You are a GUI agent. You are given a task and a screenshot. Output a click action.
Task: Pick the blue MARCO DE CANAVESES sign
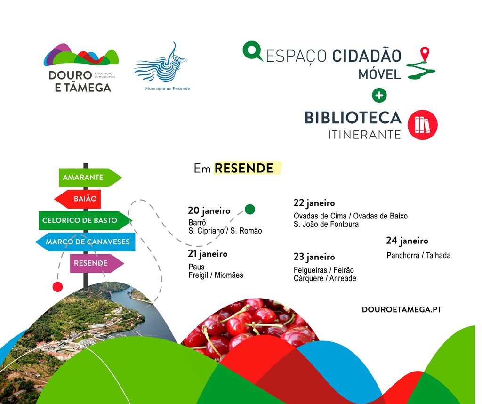click(87, 242)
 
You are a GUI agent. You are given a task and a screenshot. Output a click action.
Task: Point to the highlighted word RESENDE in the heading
click(244, 168)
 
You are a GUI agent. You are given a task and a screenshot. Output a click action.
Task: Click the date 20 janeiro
click(209, 210)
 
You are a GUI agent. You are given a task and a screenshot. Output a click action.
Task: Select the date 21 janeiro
click(208, 254)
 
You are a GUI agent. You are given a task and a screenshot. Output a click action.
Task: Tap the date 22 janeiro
click(314, 203)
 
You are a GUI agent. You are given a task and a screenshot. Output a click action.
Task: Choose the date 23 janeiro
click(314, 257)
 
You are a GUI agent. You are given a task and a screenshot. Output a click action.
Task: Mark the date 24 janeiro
click(407, 241)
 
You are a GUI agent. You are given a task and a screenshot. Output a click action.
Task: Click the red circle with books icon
click(422, 125)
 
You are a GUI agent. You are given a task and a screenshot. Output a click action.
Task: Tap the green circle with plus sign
click(379, 96)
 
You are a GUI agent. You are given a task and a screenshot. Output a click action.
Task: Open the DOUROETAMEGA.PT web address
click(402, 309)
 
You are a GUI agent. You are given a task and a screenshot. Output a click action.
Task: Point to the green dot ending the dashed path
click(250, 210)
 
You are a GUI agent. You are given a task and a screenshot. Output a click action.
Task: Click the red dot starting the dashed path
click(57, 287)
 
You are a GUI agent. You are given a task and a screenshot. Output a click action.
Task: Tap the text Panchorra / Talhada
click(418, 255)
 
